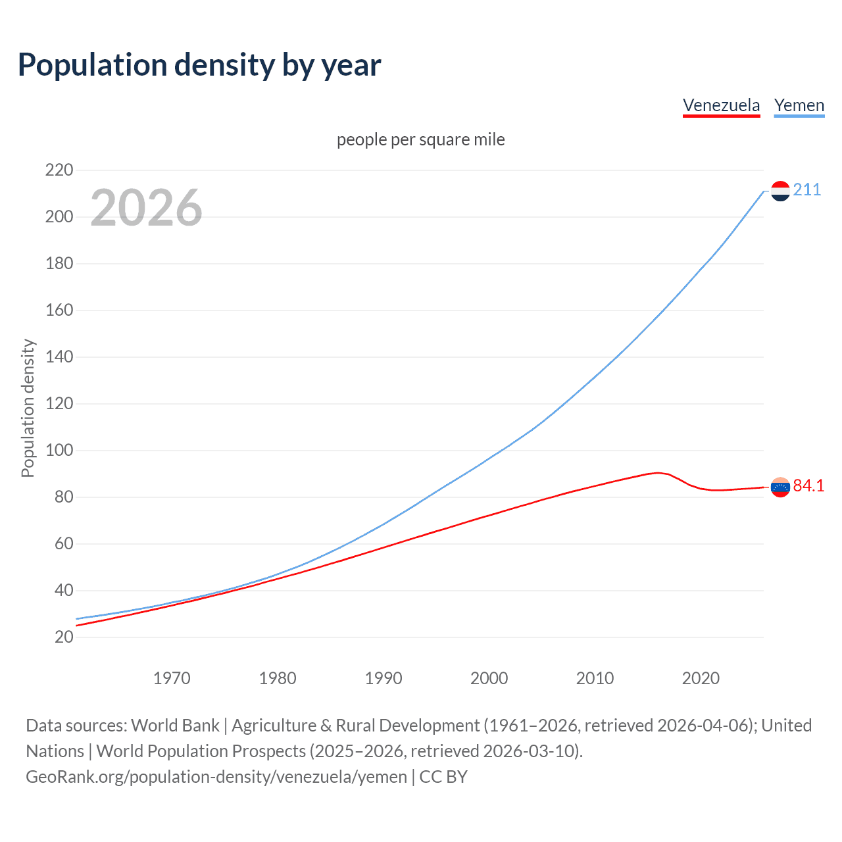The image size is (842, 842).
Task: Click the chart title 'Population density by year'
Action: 199,65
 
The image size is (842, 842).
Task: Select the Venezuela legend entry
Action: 721,105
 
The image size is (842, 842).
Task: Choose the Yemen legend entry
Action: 799,105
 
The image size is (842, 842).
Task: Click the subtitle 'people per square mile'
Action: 420,139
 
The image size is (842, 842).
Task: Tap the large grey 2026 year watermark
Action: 146,208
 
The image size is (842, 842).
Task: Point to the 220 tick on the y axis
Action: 59,170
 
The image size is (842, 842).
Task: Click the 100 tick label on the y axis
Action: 59,451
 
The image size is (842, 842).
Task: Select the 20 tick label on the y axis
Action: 64,637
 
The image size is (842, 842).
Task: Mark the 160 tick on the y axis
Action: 59,310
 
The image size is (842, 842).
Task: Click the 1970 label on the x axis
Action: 172,678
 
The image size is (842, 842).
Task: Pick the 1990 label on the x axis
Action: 384,678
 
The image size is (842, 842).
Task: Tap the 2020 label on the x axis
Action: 701,678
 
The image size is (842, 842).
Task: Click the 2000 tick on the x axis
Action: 489,678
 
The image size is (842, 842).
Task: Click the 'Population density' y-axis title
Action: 28,408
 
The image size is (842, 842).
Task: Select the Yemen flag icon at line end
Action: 780,191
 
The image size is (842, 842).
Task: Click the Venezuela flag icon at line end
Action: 780,487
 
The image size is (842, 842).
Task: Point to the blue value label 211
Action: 807,190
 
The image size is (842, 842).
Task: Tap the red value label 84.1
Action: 808,486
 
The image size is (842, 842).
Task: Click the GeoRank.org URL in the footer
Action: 216,777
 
